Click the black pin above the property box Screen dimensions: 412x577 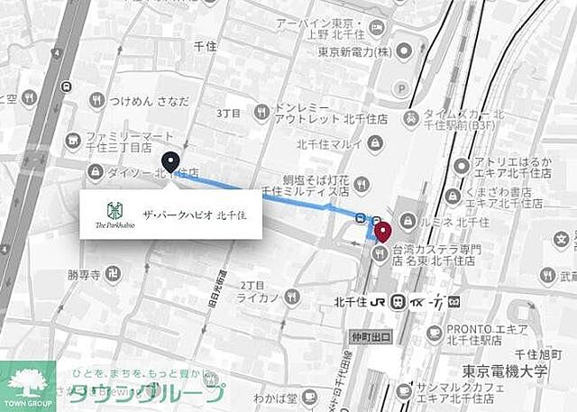tap(170, 162)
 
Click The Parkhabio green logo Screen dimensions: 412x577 tap(114, 213)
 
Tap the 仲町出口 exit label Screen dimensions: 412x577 tap(371, 336)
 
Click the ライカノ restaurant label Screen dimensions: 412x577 tap(260, 297)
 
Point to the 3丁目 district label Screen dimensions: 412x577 tap(230, 113)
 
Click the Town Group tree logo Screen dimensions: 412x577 tap(27, 381)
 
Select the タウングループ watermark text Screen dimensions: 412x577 tap(148, 393)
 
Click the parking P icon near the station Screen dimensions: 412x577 tap(401, 89)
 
